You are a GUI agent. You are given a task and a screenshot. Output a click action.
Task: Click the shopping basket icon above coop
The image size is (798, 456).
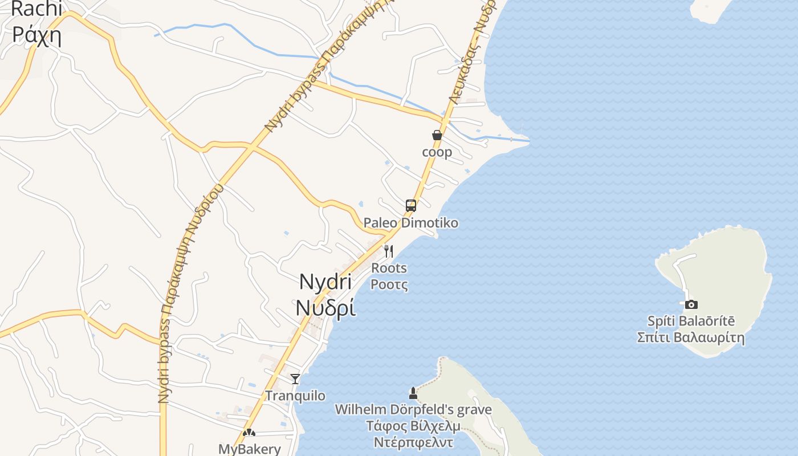pyautogui.click(x=437, y=135)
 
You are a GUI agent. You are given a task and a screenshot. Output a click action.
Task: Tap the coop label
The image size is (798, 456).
pyautogui.click(x=437, y=152)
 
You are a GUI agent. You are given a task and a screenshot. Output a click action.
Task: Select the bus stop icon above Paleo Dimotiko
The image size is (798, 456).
pyautogui.click(x=411, y=206)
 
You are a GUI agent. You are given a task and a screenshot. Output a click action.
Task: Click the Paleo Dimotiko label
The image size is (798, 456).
pyautogui.click(x=411, y=223)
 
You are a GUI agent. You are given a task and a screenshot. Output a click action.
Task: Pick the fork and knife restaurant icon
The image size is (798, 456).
pyautogui.click(x=389, y=251)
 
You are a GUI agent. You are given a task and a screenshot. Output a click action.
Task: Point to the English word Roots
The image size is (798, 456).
pyautogui.click(x=389, y=268)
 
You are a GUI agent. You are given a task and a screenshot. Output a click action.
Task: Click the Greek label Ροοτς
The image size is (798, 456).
pyautogui.click(x=389, y=284)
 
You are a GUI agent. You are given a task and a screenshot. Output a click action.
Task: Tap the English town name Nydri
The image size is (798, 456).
pyautogui.click(x=325, y=282)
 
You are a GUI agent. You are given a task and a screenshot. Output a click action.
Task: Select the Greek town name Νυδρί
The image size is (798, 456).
pyautogui.click(x=325, y=307)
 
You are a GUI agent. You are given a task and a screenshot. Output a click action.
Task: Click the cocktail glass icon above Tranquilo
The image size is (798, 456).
pyautogui.click(x=295, y=379)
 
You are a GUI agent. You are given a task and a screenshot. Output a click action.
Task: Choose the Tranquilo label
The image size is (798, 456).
pyautogui.click(x=295, y=396)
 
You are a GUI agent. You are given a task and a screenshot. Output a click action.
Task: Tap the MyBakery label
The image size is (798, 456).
pyautogui.click(x=250, y=449)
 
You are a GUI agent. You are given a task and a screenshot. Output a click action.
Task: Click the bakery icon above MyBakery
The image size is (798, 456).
pyautogui.click(x=249, y=433)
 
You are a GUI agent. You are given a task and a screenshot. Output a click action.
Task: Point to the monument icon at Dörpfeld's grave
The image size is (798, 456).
pyautogui.click(x=413, y=393)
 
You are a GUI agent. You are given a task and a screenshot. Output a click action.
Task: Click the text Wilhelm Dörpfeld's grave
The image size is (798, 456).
pyautogui.click(x=413, y=409)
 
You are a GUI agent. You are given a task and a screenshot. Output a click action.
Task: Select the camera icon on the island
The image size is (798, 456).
pyautogui.click(x=691, y=305)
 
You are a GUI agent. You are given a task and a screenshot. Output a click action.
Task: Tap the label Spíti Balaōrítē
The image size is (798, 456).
pyautogui.click(x=691, y=321)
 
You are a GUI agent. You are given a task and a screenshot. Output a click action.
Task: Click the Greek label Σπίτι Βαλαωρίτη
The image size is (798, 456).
pyautogui.click(x=691, y=337)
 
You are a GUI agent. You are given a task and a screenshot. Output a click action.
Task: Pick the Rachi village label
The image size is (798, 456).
pyautogui.click(x=36, y=9)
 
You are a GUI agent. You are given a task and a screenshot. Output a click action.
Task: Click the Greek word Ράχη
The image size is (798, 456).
pyautogui.click(x=36, y=35)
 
